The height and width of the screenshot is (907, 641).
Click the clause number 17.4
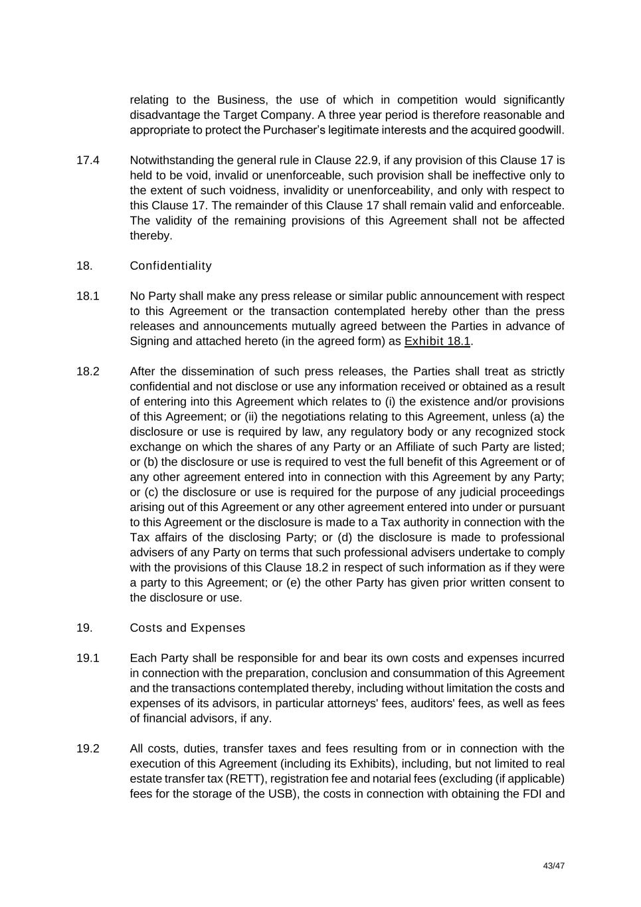pyautogui.click(x=88, y=160)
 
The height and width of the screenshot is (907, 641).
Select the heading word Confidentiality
pyautogui.click(x=171, y=266)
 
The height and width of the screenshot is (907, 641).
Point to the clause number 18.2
pyautogui.click(x=88, y=371)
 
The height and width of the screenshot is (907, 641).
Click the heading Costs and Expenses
pyautogui.click(x=187, y=628)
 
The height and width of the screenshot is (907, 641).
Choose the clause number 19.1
pyautogui.click(x=88, y=658)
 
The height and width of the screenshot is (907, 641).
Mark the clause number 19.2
pyautogui.click(x=88, y=749)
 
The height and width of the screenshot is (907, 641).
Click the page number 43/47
pyautogui.click(x=553, y=866)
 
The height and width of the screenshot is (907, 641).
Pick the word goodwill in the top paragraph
pyautogui.click(x=540, y=130)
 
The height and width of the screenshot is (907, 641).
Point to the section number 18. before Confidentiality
pyautogui.click(x=84, y=266)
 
